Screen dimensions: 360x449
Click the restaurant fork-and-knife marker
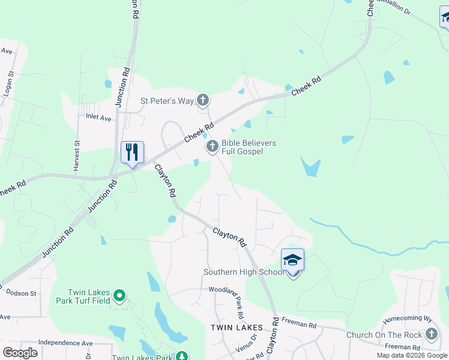(x=132, y=151)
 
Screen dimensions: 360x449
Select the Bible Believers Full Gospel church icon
(x=212, y=146)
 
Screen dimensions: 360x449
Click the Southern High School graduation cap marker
(x=292, y=260)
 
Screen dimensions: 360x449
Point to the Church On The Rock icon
(x=431, y=334)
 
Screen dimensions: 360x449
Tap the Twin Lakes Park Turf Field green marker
(x=119, y=295)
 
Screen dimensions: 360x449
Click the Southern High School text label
(x=244, y=272)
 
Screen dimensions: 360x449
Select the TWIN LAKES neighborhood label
(x=237, y=327)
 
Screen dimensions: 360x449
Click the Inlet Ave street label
(x=98, y=118)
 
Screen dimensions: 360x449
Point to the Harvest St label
(x=77, y=156)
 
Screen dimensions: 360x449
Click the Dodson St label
(x=21, y=293)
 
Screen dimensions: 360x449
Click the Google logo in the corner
(x=20, y=352)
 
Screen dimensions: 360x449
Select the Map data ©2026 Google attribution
(x=411, y=355)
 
